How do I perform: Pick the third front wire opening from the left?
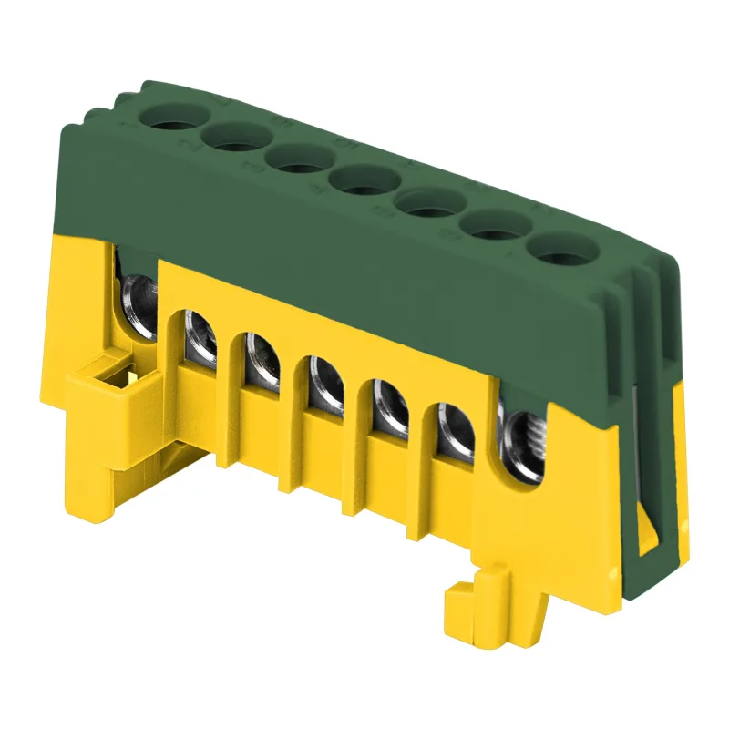(260, 357)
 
